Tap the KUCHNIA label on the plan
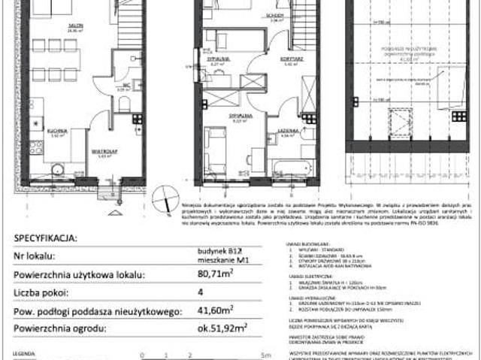pos(59,131)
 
